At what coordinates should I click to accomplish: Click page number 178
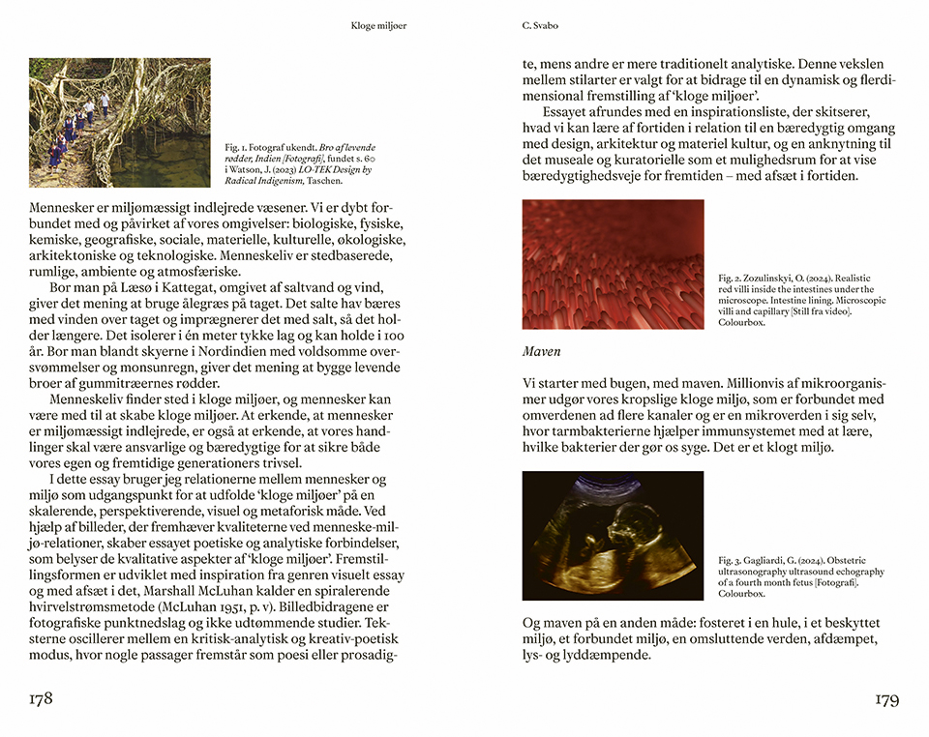(x=40, y=698)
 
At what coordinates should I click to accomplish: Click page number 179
(x=887, y=698)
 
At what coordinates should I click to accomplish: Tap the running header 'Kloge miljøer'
(x=378, y=26)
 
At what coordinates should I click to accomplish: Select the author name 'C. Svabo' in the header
(x=540, y=26)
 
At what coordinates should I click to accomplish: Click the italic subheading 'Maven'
(x=542, y=350)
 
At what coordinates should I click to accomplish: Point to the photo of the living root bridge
(x=120, y=123)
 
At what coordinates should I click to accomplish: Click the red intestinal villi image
(x=613, y=264)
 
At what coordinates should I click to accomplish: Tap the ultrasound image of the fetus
(x=613, y=536)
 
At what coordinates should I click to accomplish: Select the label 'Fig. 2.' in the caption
(x=731, y=278)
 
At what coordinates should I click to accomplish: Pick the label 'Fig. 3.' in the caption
(x=731, y=560)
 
